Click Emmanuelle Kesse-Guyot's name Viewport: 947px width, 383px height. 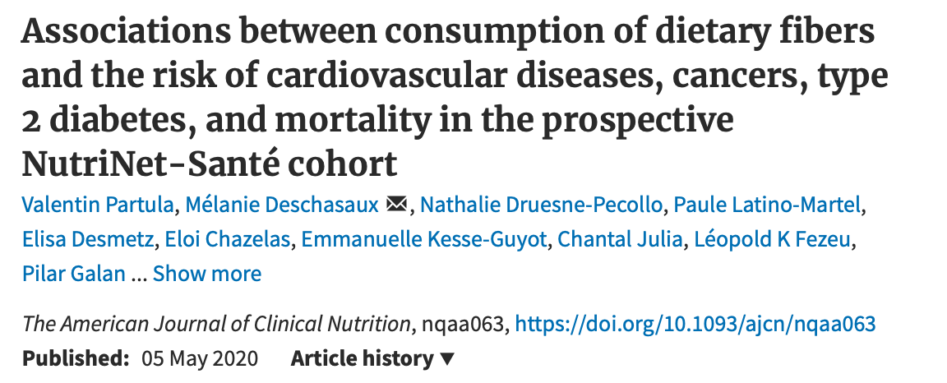(425, 238)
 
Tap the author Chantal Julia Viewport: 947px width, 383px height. (620, 238)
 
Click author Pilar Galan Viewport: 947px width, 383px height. (75, 274)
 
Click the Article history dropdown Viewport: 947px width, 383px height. (372, 359)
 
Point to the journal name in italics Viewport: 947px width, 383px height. (216, 323)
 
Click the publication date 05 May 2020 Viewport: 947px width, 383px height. (200, 359)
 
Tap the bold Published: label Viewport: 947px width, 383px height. (76, 359)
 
